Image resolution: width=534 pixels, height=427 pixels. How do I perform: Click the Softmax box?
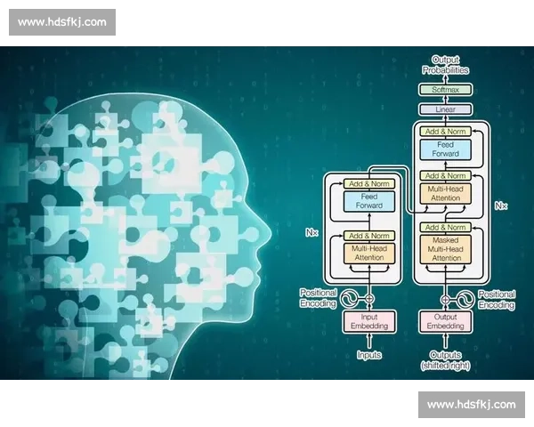(x=445, y=90)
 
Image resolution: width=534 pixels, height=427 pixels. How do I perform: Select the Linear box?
(x=445, y=109)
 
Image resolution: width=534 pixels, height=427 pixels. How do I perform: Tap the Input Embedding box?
(x=369, y=321)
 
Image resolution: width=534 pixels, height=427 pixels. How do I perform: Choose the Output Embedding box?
(x=445, y=321)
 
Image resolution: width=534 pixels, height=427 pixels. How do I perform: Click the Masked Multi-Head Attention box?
(x=446, y=249)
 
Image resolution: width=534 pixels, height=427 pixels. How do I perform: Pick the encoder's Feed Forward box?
(x=369, y=201)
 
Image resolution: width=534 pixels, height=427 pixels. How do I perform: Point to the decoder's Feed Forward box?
(x=446, y=149)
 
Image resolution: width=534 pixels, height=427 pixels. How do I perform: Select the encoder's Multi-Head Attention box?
(x=369, y=253)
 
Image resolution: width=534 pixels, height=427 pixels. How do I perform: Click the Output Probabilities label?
(x=446, y=65)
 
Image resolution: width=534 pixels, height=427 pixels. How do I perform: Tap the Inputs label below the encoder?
(x=369, y=355)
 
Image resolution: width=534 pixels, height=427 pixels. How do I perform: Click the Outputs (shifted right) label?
(x=446, y=360)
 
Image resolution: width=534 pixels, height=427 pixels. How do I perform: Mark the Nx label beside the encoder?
(x=311, y=232)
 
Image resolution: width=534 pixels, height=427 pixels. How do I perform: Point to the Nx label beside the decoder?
(x=501, y=205)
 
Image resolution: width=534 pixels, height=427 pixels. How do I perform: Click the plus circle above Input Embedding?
(x=369, y=299)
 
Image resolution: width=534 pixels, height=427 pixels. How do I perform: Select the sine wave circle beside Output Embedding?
(x=465, y=300)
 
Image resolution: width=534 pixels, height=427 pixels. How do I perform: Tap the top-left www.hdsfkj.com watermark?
(x=62, y=22)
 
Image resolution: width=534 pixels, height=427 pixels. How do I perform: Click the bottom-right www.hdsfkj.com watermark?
(x=472, y=405)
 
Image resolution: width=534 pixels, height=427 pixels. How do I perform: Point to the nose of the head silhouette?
(x=267, y=235)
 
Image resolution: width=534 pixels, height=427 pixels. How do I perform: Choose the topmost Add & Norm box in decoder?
(x=446, y=132)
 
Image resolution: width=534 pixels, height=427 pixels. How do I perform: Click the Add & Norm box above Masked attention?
(x=446, y=227)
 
